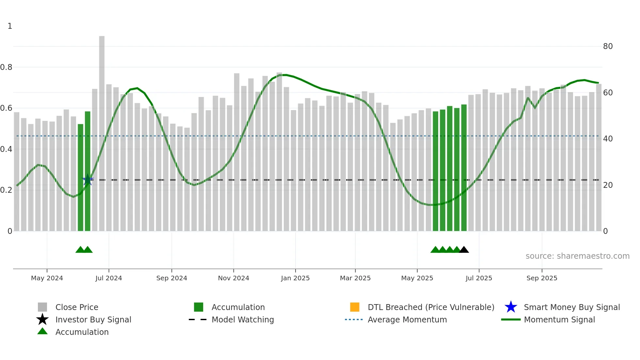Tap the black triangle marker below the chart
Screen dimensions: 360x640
pos(464,250)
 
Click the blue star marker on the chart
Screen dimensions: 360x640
pos(88,180)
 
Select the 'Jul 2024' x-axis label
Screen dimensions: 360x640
pos(109,278)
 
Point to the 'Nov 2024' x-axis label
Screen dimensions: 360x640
pos(233,278)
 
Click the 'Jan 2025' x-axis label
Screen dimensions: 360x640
pos(295,278)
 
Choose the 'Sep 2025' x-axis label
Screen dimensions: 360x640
pos(542,278)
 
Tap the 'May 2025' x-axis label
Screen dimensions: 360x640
pos(417,278)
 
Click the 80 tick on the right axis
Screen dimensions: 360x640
pos(608,46)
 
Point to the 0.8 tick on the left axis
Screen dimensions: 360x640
pos(6,67)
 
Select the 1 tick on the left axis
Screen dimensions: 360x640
pos(10,26)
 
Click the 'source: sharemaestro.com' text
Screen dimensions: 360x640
pos(577,256)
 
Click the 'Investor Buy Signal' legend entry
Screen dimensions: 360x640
pos(93,320)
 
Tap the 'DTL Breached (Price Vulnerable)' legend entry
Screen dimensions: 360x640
pos(431,307)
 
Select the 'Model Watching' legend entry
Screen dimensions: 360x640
pos(243,320)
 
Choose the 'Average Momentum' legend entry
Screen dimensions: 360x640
pos(407,320)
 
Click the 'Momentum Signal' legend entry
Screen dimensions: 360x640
pos(559,320)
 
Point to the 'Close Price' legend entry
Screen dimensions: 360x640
pos(77,307)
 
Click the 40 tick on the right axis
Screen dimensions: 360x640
pos(608,139)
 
